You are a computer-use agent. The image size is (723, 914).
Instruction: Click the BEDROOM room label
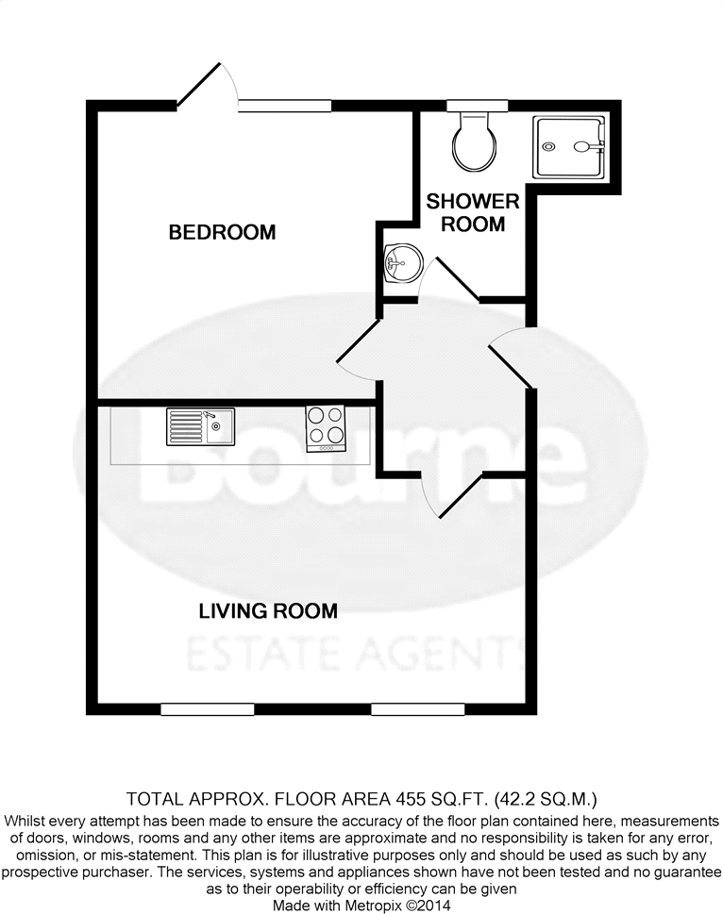(x=222, y=232)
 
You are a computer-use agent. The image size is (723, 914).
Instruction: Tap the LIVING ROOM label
(x=268, y=611)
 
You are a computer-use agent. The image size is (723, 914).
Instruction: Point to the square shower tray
(x=568, y=146)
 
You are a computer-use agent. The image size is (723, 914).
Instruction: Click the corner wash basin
(x=400, y=261)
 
